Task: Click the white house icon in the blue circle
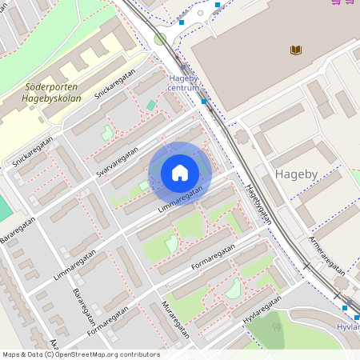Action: coord(180,173)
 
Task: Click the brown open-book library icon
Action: coord(296,50)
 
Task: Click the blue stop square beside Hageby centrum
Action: coord(204,102)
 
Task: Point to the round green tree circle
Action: coord(160,38)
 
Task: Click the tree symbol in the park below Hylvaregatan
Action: coord(277,326)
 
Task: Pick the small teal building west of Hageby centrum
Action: coord(151,105)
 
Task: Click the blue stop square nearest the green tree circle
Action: coord(182,22)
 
